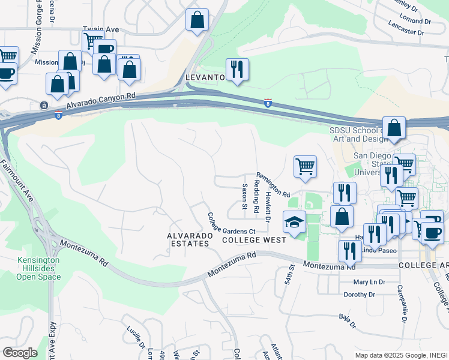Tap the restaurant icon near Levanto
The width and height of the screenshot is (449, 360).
(238, 70)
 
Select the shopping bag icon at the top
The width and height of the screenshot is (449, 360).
(197, 20)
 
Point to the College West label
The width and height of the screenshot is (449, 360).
(246, 240)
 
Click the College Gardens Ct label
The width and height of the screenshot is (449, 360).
(231, 223)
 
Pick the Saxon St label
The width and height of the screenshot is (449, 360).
(244, 196)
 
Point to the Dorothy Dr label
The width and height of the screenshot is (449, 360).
(359, 295)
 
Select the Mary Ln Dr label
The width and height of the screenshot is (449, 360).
(369, 282)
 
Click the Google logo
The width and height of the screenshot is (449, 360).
(19, 352)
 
